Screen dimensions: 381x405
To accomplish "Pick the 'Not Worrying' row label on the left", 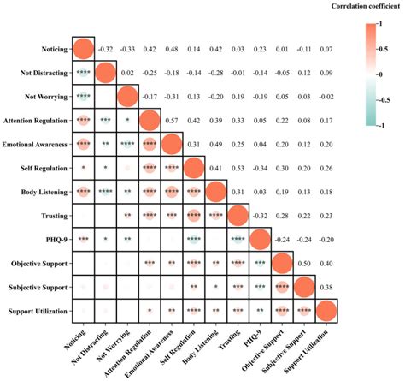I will [47, 95].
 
